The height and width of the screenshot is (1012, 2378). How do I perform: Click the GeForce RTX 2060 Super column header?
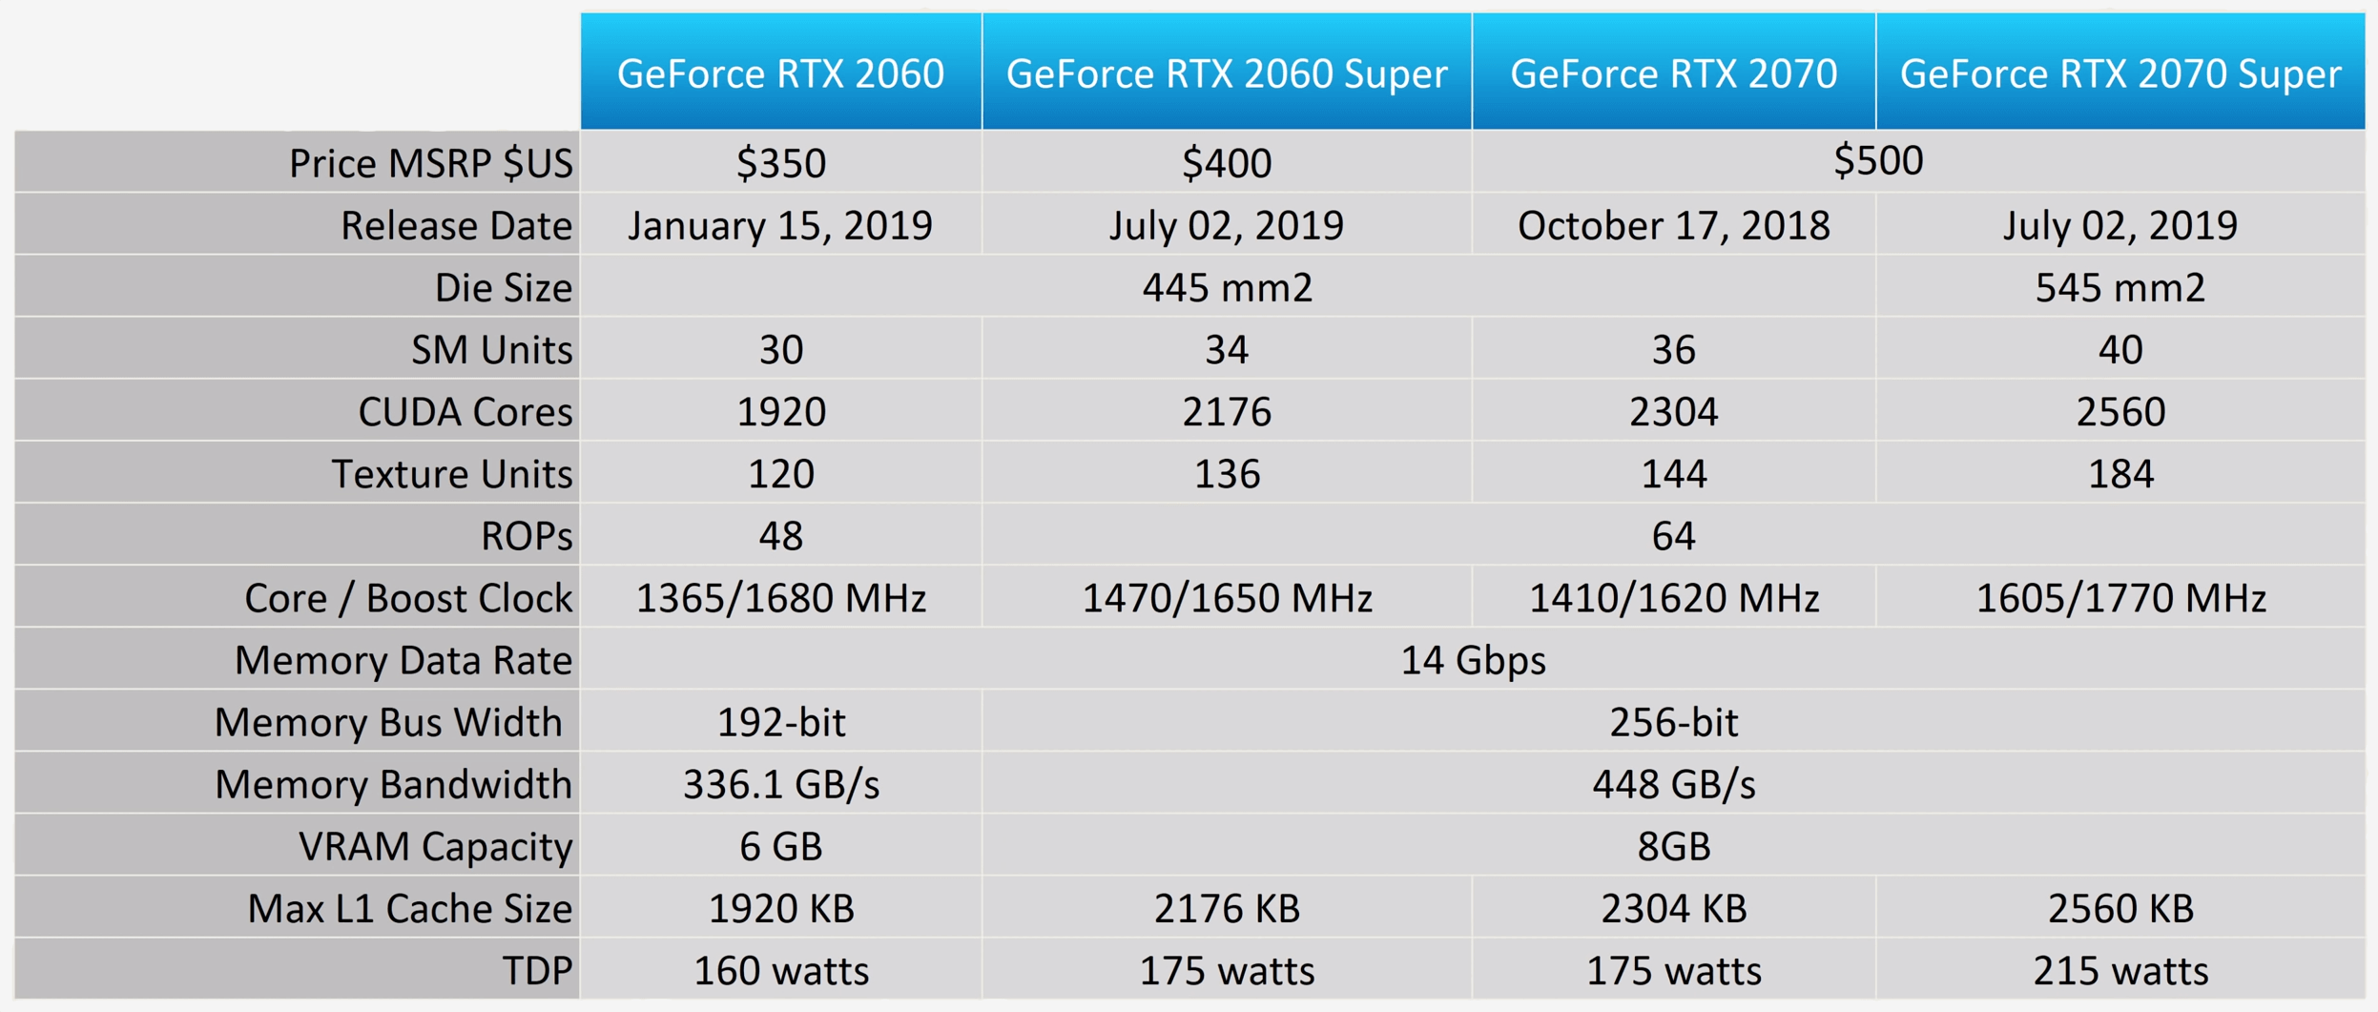click(x=1226, y=73)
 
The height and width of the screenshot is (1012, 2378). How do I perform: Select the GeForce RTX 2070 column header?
click(x=1673, y=73)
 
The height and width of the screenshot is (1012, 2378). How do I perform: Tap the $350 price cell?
click(x=780, y=162)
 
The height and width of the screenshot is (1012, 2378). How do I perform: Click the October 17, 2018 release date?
click(x=1673, y=225)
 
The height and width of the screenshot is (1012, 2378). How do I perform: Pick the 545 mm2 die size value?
click(x=2120, y=287)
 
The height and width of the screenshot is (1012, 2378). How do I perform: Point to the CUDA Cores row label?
click(x=465, y=412)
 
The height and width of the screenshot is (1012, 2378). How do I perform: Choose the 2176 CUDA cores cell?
click(x=1226, y=412)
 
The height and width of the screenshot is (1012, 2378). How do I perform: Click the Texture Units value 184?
click(x=2120, y=474)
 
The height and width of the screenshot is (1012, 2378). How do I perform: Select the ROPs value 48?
click(x=780, y=536)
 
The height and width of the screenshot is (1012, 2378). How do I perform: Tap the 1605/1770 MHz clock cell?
click(x=2120, y=598)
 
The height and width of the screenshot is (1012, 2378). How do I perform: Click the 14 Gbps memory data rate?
click(x=1472, y=660)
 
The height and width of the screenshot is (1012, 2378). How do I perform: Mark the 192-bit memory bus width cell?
click(x=780, y=722)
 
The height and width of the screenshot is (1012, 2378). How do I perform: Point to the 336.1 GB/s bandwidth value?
click(x=780, y=784)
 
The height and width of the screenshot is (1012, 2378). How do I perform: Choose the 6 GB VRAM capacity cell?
click(x=780, y=846)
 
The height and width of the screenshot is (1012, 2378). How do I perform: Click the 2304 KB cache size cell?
click(x=1673, y=908)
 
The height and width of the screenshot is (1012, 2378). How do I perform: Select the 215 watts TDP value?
click(x=2120, y=971)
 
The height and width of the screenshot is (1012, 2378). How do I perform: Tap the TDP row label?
click(x=537, y=971)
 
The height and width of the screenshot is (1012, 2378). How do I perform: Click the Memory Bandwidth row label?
click(x=392, y=784)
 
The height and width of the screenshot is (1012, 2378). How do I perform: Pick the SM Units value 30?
click(x=780, y=350)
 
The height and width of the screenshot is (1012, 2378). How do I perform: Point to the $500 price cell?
click(x=1877, y=160)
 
